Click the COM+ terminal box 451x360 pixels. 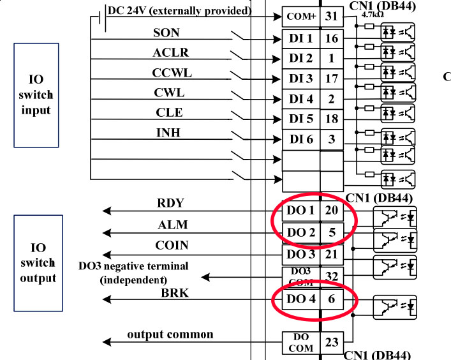(300, 16)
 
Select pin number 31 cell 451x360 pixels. (331, 16)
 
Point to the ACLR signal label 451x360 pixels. (170, 52)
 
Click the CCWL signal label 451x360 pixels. (172, 73)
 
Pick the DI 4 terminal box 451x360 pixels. (300, 99)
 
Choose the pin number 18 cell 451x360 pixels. (331, 119)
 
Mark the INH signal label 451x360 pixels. (168, 133)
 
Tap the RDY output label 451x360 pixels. (170, 204)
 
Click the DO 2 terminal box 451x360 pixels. (300, 232)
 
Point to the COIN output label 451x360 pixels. (171, 245)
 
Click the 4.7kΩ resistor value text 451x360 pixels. (372, 13)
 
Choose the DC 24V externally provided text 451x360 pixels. (179, 11)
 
